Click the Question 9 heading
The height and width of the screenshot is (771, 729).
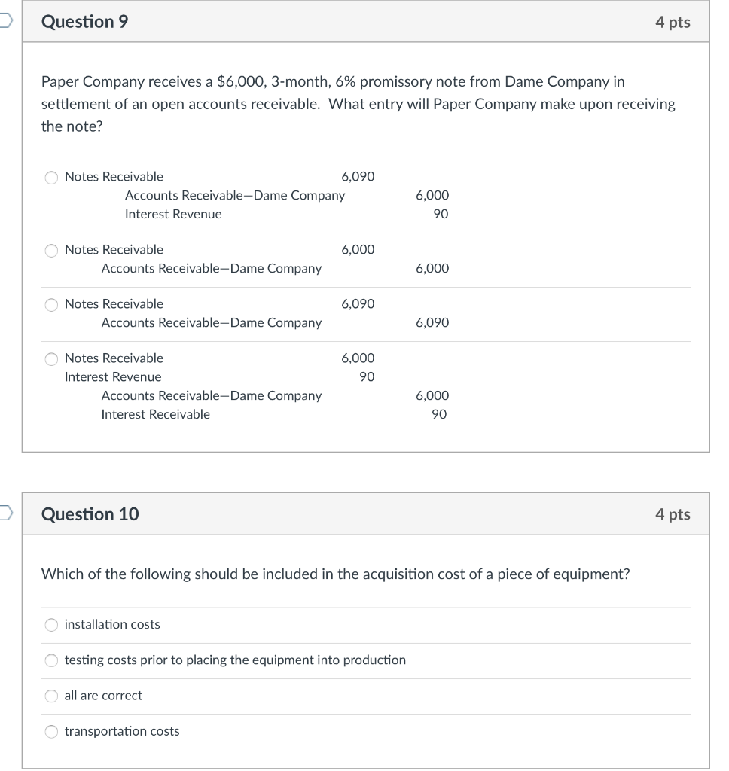point(84,22)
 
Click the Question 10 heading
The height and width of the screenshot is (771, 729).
point(90,514)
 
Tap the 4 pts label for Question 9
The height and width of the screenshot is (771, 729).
point(672,22)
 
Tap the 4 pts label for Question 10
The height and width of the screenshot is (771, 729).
point(672,514)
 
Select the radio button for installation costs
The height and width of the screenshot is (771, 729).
point(51,625)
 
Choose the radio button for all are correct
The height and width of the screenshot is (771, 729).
point(51,696)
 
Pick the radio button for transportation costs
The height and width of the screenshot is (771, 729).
point(51,732)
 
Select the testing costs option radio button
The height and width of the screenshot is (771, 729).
point(51,661)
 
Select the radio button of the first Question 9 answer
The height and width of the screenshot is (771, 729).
point(51,178)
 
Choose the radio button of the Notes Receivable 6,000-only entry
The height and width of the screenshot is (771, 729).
point(51,251)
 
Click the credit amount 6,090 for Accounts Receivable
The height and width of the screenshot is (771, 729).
point(432,322)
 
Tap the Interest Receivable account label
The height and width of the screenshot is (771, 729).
point(156,414)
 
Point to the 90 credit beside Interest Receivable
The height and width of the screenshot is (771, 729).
point(440,414)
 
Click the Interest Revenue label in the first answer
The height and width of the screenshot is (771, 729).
point(173,214)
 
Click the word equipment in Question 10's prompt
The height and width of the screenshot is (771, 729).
point(590,574)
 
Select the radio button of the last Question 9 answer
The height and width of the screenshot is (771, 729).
point(51,359)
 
